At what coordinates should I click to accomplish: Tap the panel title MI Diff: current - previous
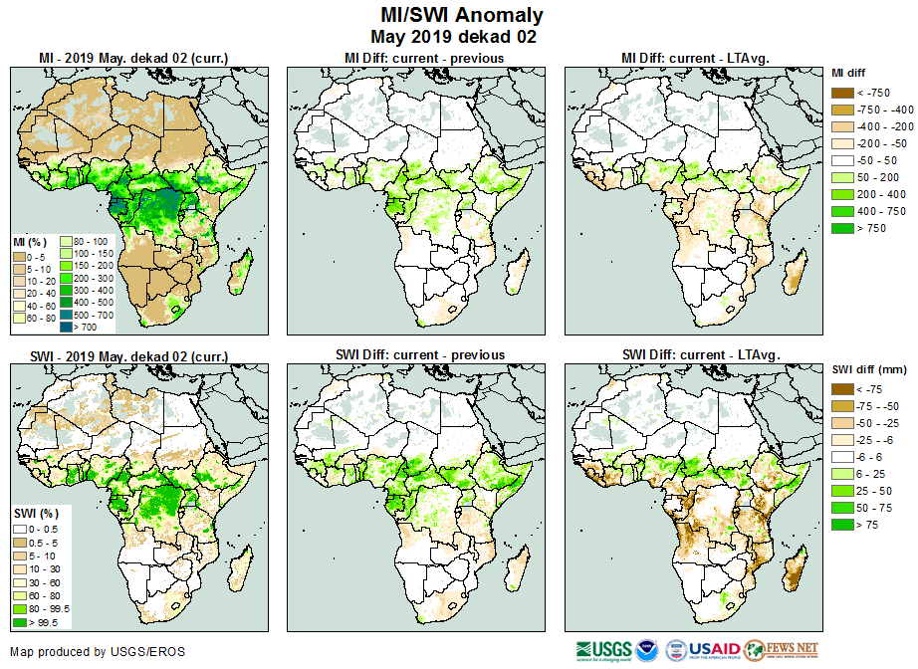(x=423, y=59)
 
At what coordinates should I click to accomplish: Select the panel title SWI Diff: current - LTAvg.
(x=700, y=355)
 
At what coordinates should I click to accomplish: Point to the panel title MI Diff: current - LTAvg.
(x=700, y=59)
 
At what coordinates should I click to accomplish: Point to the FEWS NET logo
(x=782, y=650)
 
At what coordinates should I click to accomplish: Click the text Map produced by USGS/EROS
(x=98, y=652)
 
